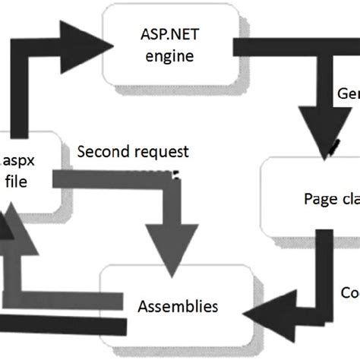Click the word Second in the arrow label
coord(102,151)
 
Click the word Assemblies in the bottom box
coord(178,306)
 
